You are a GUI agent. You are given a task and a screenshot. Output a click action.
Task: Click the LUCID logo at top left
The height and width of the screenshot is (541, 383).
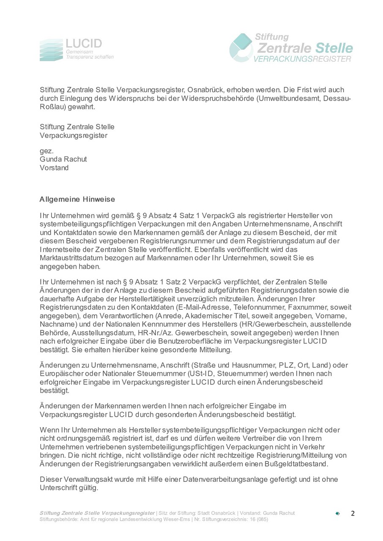pyautogui.click(x=76, y=49)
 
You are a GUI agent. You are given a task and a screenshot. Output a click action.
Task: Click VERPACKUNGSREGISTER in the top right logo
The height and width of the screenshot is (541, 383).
pyautogui.click(x=302, y=60)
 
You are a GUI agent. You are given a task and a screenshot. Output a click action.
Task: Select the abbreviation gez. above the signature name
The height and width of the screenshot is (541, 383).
pyautogui.click(x=47, y=151)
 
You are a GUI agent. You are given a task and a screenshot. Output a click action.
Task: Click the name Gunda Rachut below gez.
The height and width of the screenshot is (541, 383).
pyautogui.click(x=63, y=159)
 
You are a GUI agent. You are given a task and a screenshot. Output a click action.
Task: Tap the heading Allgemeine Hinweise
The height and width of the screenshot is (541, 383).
pyautogui.click(x=77, y=199)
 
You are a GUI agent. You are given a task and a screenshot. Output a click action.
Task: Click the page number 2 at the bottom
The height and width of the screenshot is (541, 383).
pyautogui.click(x=353, y=514)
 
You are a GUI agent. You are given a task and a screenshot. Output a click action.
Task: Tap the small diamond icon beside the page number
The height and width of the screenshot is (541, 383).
pyautogui.click(x=337, y=514)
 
